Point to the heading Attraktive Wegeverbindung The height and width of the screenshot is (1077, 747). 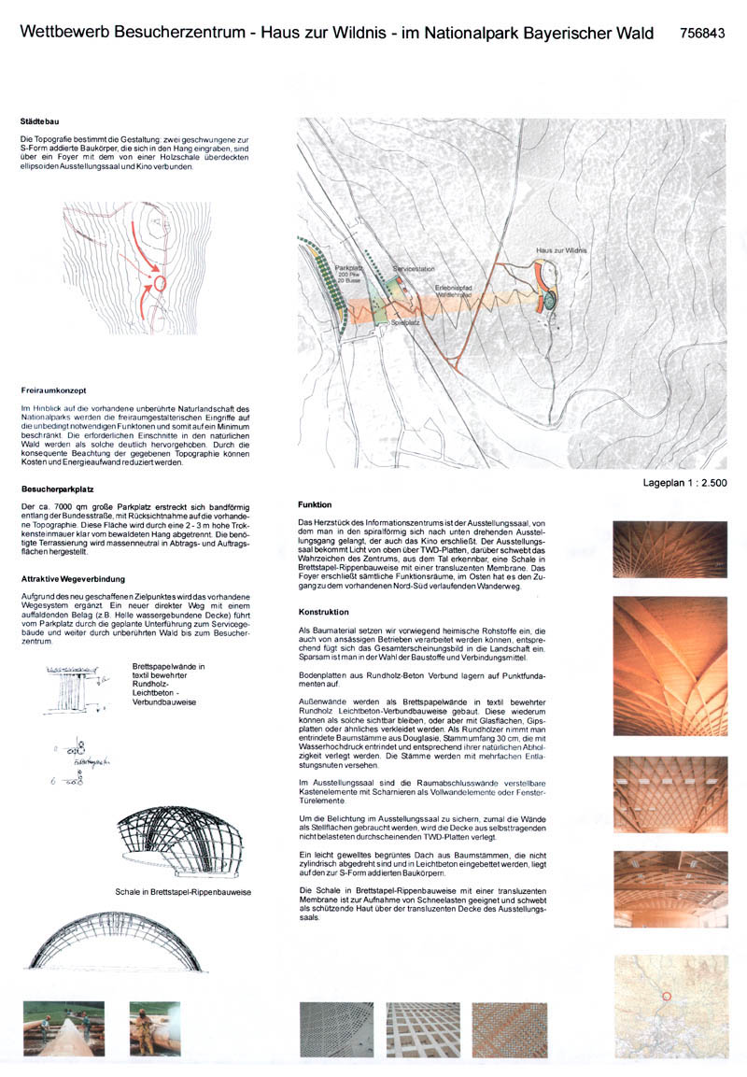75,578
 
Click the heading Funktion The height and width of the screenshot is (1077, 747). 315,503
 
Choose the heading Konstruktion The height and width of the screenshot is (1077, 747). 323,612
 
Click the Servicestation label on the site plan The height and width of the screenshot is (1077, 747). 415,267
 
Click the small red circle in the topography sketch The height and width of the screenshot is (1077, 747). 159,281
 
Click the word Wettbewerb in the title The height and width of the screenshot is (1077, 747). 64,33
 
